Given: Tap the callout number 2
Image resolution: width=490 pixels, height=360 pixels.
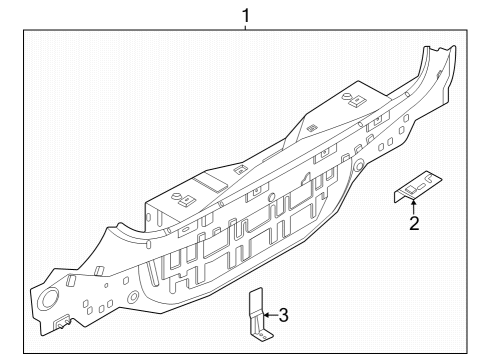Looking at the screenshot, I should [414, 223].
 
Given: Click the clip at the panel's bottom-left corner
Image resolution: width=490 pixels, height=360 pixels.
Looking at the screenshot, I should [62, 322].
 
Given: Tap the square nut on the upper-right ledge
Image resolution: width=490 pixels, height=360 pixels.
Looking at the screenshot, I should [354, 98].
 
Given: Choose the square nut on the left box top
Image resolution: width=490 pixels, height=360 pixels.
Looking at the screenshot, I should [184, 198].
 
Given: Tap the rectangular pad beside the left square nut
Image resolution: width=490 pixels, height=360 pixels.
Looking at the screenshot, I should [211, 184].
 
